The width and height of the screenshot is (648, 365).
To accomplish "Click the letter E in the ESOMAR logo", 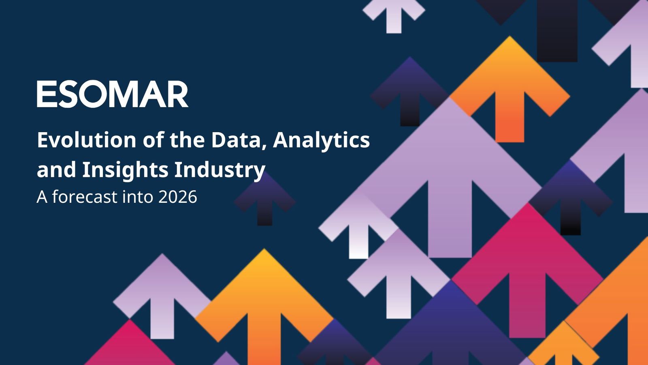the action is click(x=45, y=94).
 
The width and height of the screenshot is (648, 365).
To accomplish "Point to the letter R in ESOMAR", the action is click(x=177, y=94).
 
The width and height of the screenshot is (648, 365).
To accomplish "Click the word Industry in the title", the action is click(x=220, y=171).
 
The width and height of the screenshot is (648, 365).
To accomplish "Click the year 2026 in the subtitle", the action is click(x=178, y=197).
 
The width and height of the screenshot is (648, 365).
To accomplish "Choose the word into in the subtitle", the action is click(x=138, y=197).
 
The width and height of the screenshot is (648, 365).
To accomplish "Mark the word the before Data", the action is click(x=187, y=140).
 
